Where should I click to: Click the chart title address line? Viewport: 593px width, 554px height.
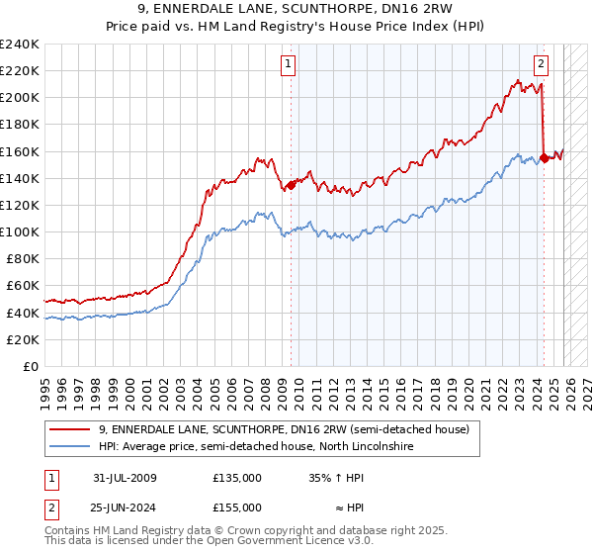(296, 9)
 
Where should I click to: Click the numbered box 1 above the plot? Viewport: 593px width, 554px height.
(288, 65)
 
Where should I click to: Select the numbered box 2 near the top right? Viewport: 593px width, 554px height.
(542, 65)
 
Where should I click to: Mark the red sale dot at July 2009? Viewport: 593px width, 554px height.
(291, 184)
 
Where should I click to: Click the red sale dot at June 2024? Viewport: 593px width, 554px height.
(545, 157)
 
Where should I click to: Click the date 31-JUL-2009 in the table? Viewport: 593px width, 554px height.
(125, 478)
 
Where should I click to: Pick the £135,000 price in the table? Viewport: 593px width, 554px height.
(237, 478)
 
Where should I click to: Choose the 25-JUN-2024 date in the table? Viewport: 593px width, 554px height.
(125, 508)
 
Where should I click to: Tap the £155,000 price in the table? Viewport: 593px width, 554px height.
(237, 508)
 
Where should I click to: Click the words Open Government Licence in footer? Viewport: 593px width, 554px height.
(266, 542)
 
